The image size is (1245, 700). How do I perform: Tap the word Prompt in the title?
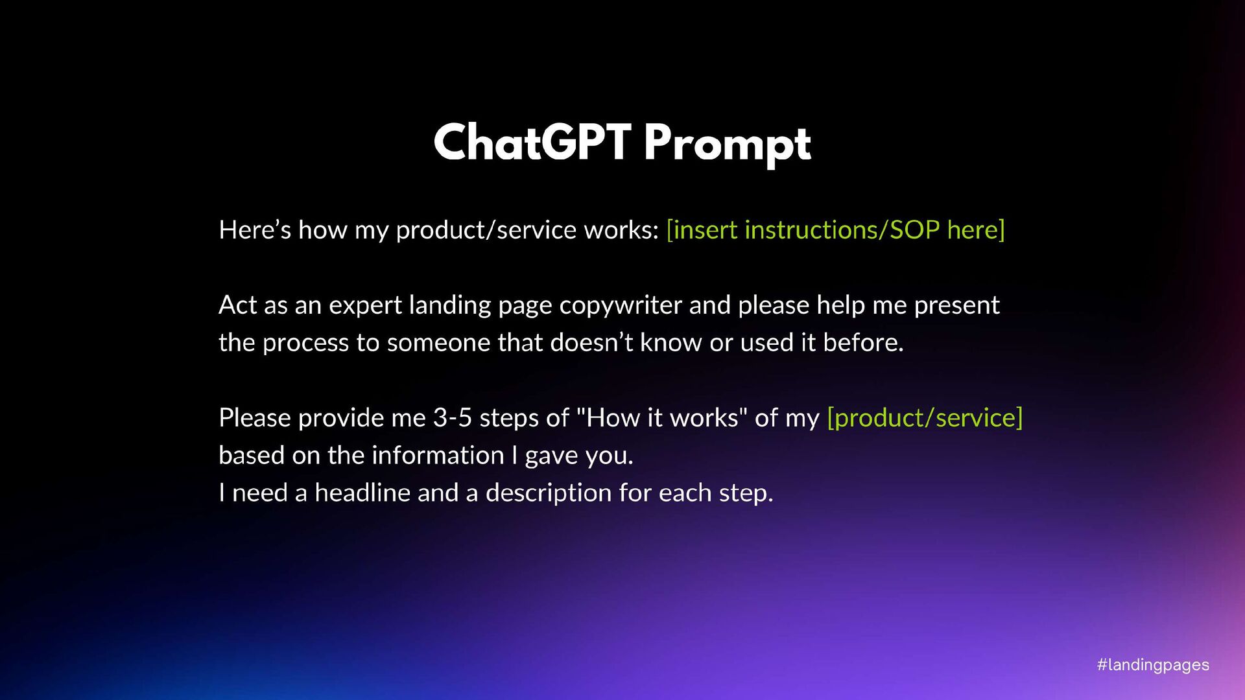click(728, 144)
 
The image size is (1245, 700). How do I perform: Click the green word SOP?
click(914, 229)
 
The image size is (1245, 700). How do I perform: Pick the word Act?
click(238, 305)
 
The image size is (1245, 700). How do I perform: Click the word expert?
click(365, 306)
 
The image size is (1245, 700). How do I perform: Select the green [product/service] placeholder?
click(925, 417)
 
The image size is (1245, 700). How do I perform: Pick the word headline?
click(362, 493)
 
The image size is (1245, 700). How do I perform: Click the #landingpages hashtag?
click(1153, 665)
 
